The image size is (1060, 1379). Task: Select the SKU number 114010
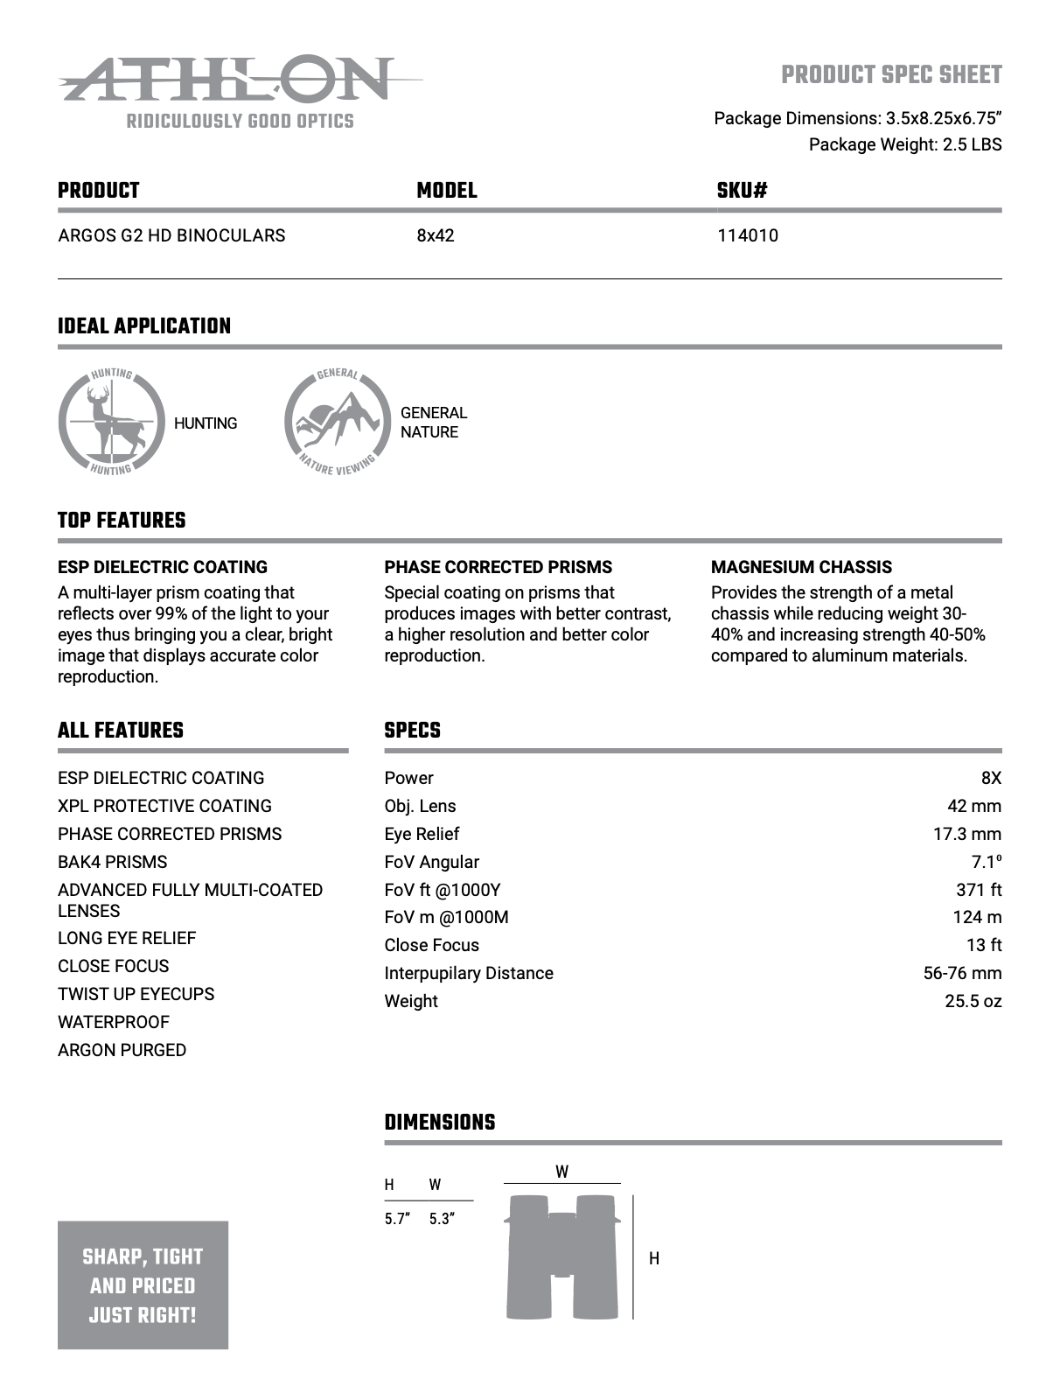(747, 235)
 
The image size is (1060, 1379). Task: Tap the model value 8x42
(436, 235)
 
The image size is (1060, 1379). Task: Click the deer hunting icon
(111, 423)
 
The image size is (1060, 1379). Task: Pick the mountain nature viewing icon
(338, 423)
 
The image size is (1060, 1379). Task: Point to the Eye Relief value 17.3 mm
(966, 834)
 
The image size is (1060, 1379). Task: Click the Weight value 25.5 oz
(973, 1001)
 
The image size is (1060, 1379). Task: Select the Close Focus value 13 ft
(983, 945)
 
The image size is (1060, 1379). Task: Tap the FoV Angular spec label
(431, 862)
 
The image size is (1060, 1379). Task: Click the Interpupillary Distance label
(468, 973)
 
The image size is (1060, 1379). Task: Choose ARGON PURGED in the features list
(122, 1050)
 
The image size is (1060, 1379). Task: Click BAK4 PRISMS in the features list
(112, 862)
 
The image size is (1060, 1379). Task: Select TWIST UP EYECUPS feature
(136, 994)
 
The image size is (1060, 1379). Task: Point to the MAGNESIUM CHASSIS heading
(801, 567)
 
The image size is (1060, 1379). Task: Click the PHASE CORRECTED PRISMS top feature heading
(498, 567)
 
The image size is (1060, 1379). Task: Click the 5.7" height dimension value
(397, 1219)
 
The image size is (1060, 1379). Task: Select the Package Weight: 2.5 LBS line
(904, 144)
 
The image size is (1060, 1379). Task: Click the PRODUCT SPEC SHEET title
(891, 75)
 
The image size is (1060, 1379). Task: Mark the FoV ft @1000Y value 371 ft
(978, 890)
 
